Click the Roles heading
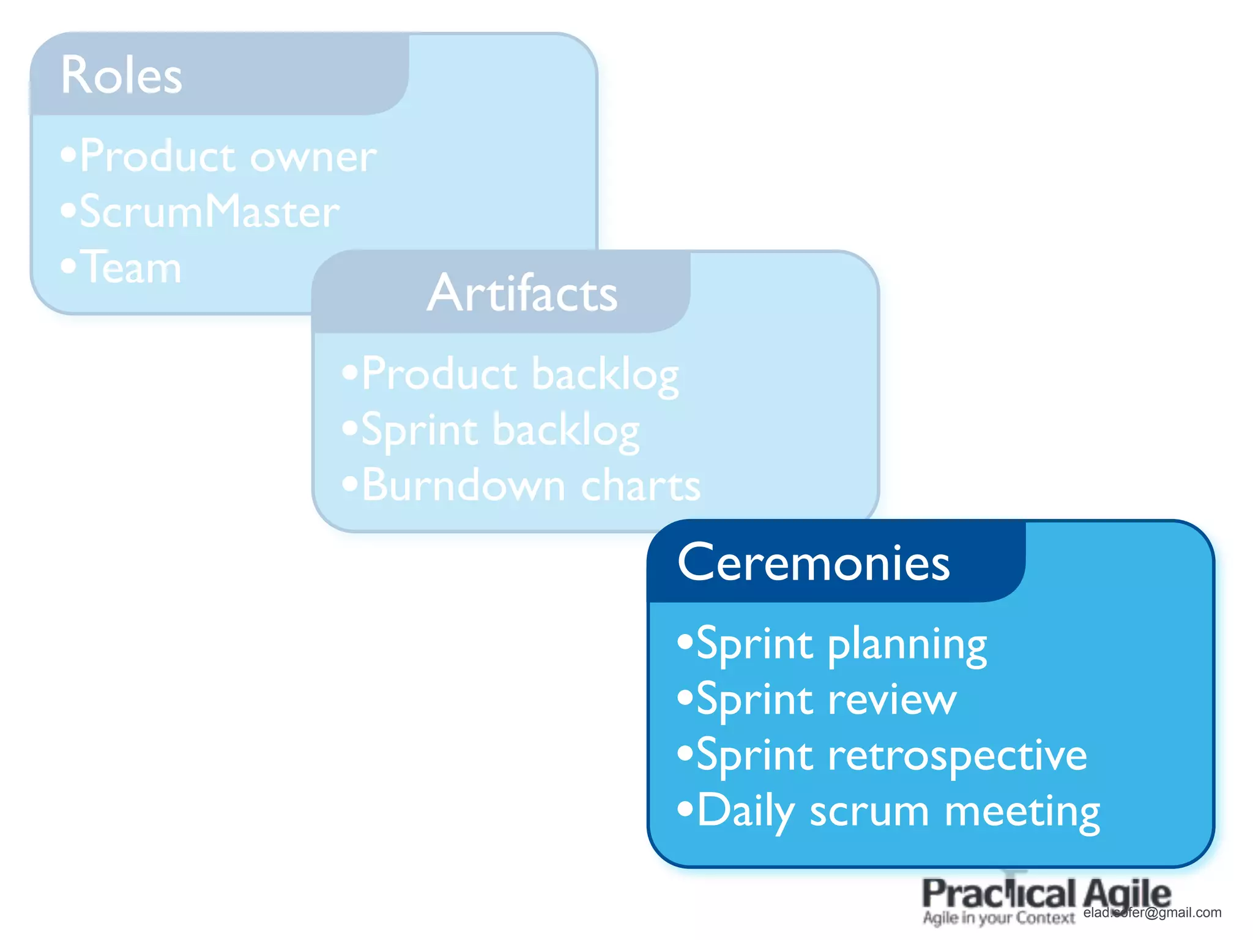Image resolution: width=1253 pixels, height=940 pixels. tap(121, 75)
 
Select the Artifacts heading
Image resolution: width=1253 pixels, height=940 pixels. tap(522, 293)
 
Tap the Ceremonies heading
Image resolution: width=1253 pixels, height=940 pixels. tap(813, 562)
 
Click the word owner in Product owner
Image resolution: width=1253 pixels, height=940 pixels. tap(313, 157)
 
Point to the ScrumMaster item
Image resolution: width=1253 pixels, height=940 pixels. tap(209, 212)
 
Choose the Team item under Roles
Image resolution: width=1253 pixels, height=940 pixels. tap(131, 267)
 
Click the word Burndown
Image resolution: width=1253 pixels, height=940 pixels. tap(463, 486)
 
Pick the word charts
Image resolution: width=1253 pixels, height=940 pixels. tap(640, 486)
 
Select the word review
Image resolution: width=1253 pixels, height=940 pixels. tap(891, 699)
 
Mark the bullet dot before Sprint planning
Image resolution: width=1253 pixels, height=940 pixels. tap(685, 642)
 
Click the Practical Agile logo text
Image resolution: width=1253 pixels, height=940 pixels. tap(1046, 894)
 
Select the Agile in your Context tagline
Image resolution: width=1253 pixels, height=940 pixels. tap(998, 918)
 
